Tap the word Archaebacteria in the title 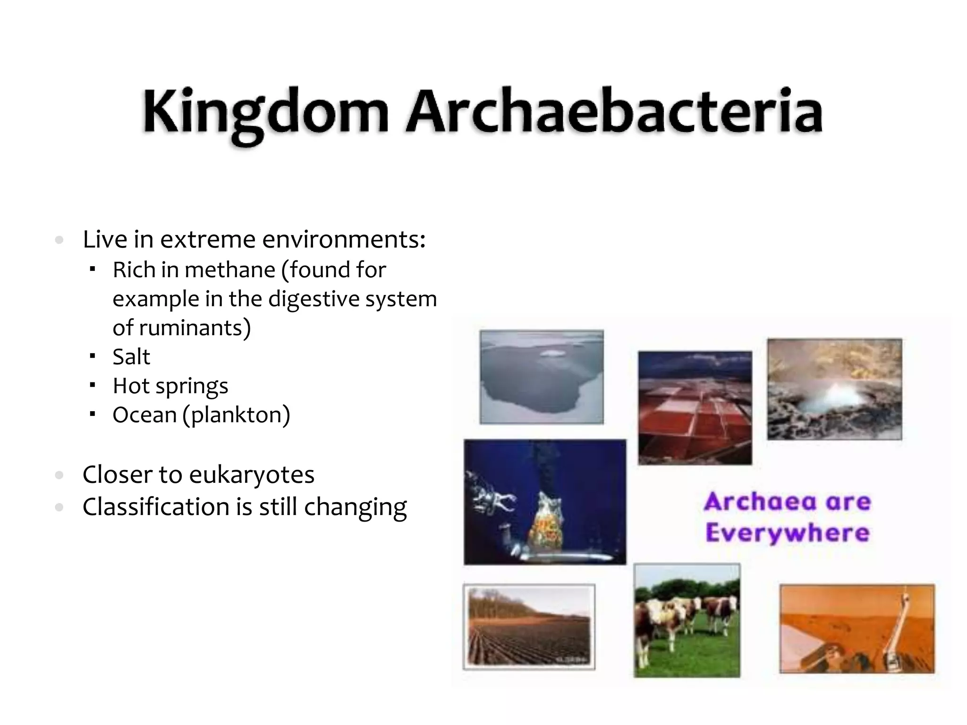pyautogui.click(x=614, y=111)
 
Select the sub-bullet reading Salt pyautogui.click(x=131, y=357)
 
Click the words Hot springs pyautogui.click(x=170, y=386)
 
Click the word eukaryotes pyautogui.click(x=251, y=475)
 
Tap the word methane pyautogui.click(x=230, y=270)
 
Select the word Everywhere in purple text pyautogui.click(x=788, y=532)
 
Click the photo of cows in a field pyautogui.click(x=687, y=620)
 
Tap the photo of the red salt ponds pyautogui.click(x=695, y=408)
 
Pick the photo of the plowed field pyautogui.click(x=529, y=627)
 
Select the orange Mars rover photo pyautogui.click(x=857, y=629)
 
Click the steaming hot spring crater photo pyautogui.click(x=834, y=389)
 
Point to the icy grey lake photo pyautogui.click(x=542, y=377)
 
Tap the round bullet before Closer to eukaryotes pyautogui.click(x=59, y=475)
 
